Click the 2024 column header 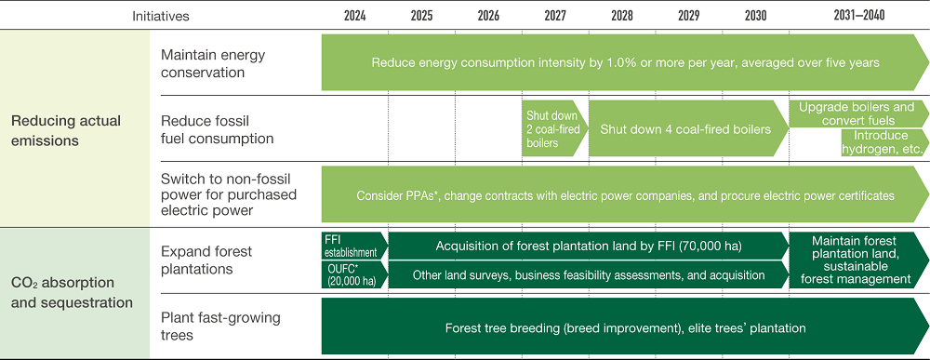[x=354, y=16]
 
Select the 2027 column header [x=554, y=16]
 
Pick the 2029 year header [x=688, y=16]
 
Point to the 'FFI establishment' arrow [x=352, y=245]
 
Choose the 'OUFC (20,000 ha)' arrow [x=352, y=275]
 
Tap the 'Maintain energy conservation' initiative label [x=213, y=63]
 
